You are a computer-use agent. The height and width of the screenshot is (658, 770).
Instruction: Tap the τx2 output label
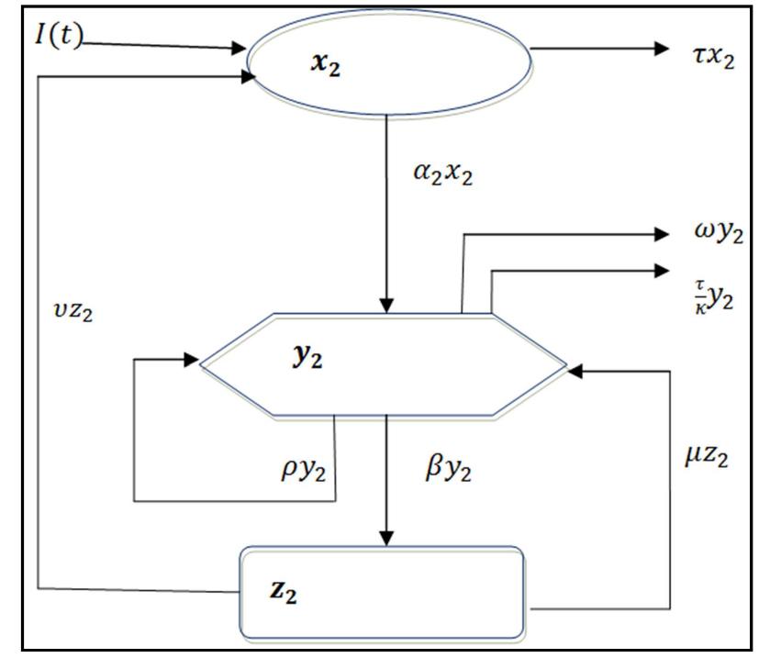coord(710,60)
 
